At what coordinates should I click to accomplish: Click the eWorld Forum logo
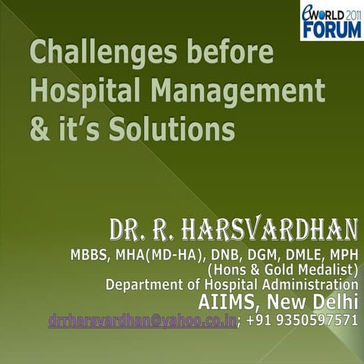[x=331, y=20]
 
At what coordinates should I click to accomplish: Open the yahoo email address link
[x=140, y=320]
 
